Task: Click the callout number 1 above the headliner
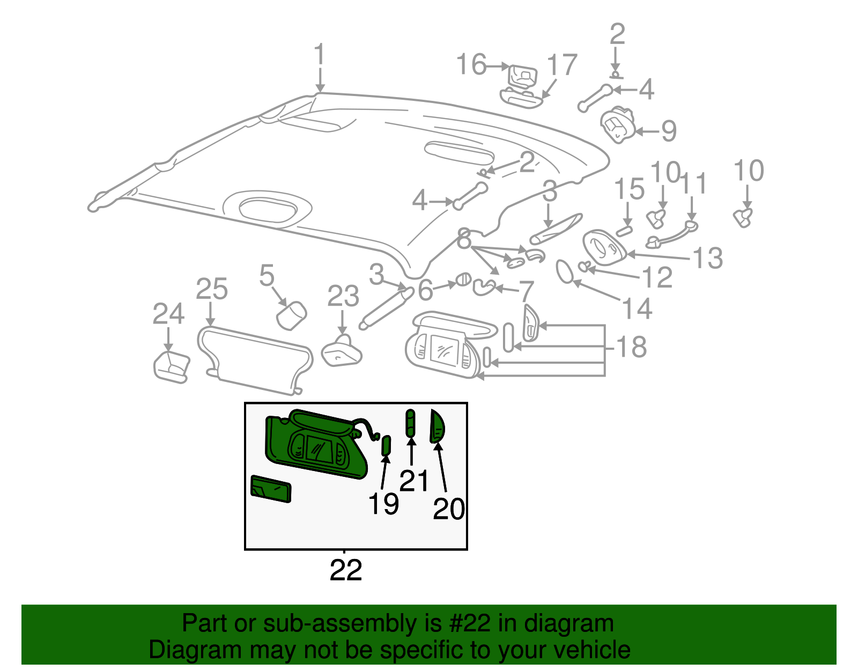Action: [320, 56]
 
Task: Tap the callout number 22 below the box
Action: [346, 570]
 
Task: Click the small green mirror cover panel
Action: [271, 488]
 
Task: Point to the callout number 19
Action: [383, 504]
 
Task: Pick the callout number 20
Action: [448, 509]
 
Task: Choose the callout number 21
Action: [414, 481]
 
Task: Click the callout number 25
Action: [211, 289]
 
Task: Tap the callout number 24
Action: [168, 314]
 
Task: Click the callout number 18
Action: [632, 347]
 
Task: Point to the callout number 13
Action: [708, 259]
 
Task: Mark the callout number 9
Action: [669, 131]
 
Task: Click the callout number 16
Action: [471, 65]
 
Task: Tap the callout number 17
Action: [562, 65]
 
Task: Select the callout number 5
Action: [267, 276]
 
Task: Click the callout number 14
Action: [637, 309]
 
